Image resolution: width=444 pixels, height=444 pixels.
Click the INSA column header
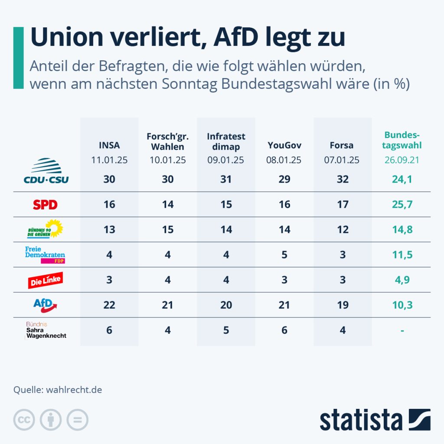pos(109,145)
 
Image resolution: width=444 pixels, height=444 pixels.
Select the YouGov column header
pos(284,145)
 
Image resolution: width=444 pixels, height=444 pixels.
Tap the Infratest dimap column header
pos(226,141)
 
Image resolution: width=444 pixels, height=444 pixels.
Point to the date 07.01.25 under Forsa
pos(342,160)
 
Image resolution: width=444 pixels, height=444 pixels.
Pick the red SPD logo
pos(45,204)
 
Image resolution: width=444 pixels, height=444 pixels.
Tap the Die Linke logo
pos(46,280)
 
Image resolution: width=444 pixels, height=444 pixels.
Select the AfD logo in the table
pos(46,305)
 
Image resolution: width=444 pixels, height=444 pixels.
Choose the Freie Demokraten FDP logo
pos(45,255)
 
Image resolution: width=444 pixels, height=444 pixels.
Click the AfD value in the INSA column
pos(109,305)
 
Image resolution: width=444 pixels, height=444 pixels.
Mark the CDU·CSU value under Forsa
pos(343,179)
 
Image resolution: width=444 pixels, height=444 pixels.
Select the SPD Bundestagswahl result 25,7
pos(402,204)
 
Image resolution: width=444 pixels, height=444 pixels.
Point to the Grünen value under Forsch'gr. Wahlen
pos(168,229)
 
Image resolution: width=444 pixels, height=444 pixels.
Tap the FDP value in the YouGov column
pos(284,255)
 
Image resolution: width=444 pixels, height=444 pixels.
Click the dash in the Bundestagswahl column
pos(402,330)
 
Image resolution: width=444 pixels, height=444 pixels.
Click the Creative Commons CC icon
pos(24,420)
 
